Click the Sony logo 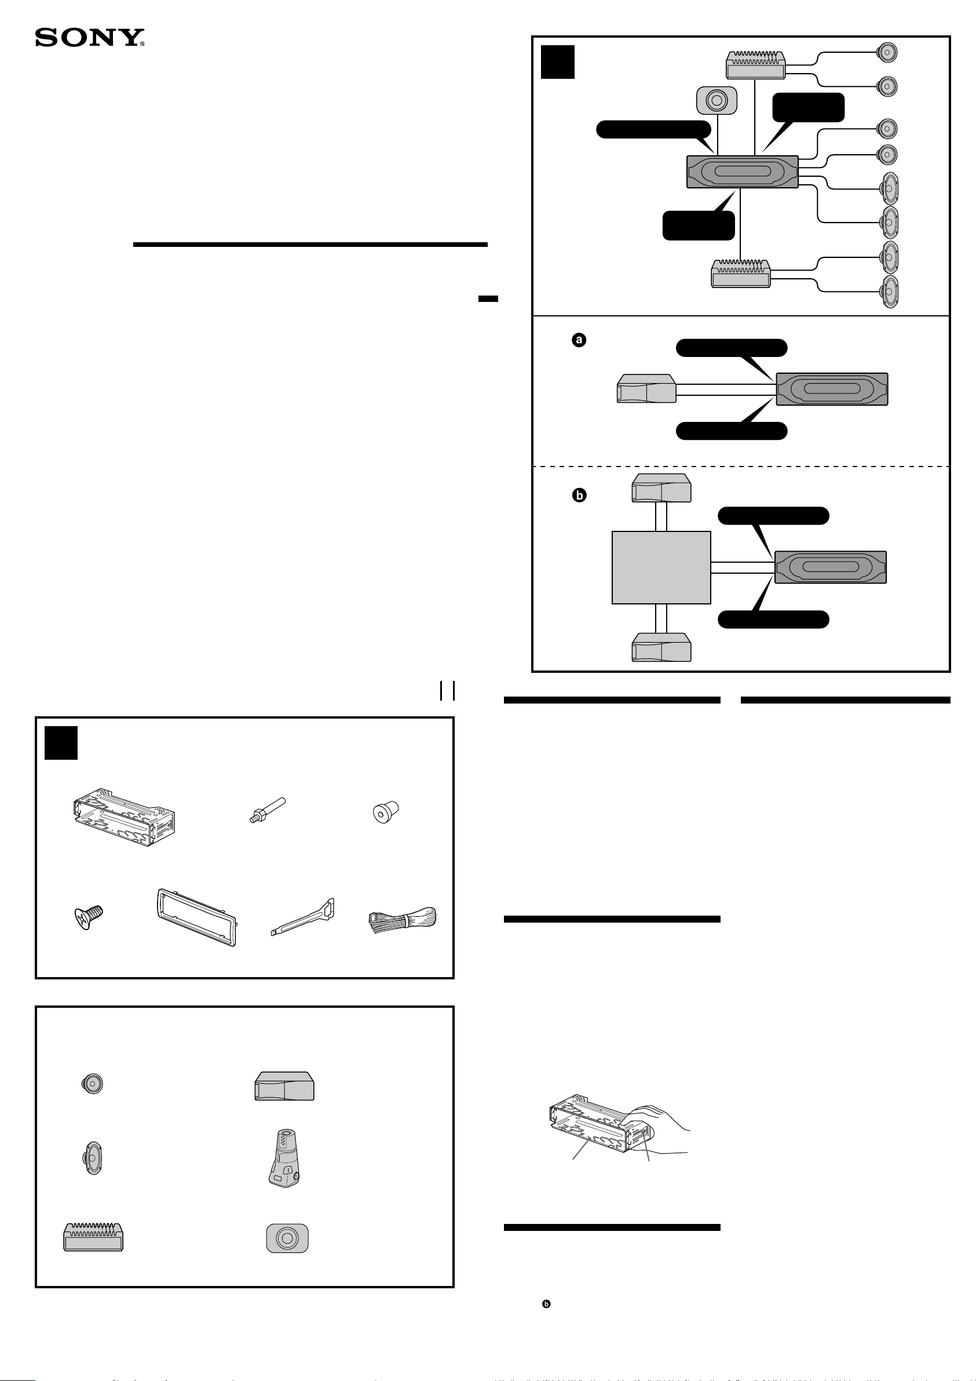(90, 38)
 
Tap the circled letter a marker (579, 340)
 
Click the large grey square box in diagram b (661, 567)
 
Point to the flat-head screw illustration (89, 917)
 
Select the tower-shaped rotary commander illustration (285, 1157)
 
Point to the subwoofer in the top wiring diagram (716, 100)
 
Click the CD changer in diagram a (646, 388)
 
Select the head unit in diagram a (832, 388)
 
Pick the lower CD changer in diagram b (661, 647)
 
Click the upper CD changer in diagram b (661, 488)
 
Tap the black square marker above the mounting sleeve (61, 743)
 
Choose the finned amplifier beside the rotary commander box (93, 1237)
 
